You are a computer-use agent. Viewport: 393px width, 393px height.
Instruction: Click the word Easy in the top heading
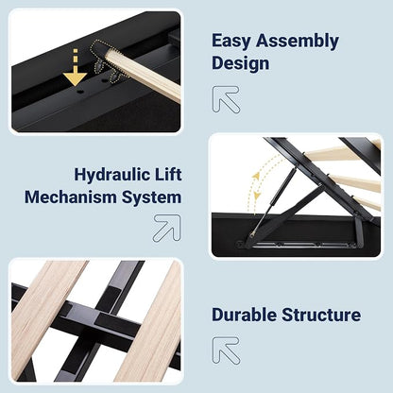[231, 41]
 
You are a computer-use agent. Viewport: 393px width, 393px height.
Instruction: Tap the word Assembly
[298, 41]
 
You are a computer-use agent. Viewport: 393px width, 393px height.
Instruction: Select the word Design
[241, 62]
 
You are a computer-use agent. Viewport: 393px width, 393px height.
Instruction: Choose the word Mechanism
[71, 197]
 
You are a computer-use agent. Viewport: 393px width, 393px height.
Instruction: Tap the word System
[151, 198]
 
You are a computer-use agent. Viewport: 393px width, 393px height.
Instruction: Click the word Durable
[245, 315]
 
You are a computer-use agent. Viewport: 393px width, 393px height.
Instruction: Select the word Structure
[321, 315]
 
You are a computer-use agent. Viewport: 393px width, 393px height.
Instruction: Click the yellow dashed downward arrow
[75, 69]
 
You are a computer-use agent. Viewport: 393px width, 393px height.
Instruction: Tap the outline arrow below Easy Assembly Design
[226, 99]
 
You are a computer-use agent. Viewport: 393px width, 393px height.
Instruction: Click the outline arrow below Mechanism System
[167, 228]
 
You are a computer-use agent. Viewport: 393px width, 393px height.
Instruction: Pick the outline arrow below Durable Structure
[226, 350]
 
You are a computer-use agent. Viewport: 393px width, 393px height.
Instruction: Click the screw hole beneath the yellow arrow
[79, 92]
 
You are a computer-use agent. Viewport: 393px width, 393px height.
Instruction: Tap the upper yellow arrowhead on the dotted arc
[257, 176]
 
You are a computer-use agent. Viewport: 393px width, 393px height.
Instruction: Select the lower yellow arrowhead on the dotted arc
[257, 196]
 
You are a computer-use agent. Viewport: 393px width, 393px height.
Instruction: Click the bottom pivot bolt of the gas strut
[252, 234]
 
